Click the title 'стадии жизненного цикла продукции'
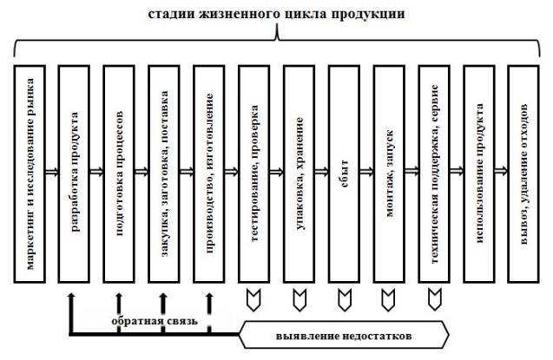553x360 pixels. [x=276, y=15]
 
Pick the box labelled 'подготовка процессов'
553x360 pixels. [x=121, y=172]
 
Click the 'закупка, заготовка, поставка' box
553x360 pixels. [x=166, y=172]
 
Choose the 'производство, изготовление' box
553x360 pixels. [x=211, y=172]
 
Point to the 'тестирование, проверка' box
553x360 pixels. [x=256, y=172]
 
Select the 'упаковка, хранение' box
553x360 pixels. [x=301, y=172]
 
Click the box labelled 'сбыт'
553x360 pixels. [x=346, y=172]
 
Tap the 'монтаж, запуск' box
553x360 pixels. [x=391, y=172]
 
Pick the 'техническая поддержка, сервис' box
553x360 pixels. [x=436, y=172]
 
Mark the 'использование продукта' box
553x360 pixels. [x=480, y=172]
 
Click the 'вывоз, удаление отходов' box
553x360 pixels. [x=525, y=172]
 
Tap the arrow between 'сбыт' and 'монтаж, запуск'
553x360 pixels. [x=368, y=172]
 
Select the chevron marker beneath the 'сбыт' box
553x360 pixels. [x=345, y=298]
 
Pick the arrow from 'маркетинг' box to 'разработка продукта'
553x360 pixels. [x=53, y=172]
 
